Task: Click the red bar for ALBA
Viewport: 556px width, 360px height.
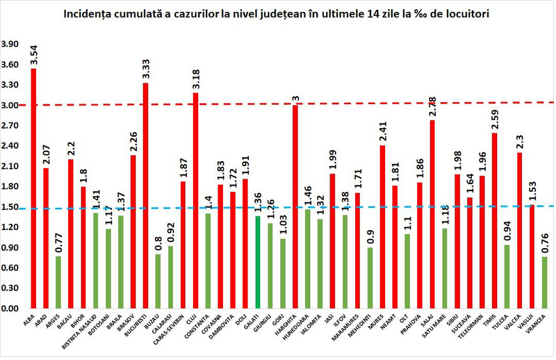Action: point(33,188)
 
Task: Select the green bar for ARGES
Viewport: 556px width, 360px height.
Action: point(58,281)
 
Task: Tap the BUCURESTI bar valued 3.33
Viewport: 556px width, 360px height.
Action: point(146,195)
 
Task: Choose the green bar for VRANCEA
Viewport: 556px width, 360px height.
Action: point(544,282)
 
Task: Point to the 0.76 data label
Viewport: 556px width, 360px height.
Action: point(544,243)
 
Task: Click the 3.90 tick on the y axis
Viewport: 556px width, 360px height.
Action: point(11,44)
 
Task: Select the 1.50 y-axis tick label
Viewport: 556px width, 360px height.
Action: point(11,206)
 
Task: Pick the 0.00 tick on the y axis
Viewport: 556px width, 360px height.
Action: point(11,308)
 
